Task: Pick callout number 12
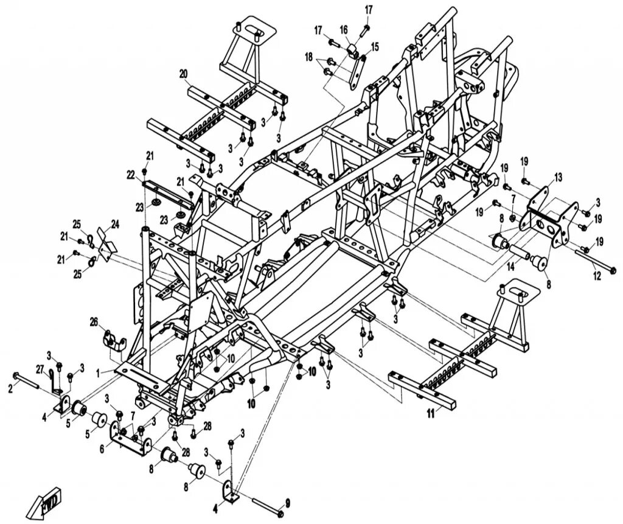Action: (597, 276)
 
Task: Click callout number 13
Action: (559, 177)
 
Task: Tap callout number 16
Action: (344, 29)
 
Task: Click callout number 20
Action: (183, 74)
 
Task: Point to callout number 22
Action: (130, 175)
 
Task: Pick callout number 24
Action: (115, 223)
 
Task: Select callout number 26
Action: (94, 321)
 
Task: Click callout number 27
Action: (39, 369)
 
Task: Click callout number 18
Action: (309, 57)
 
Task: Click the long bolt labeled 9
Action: (262, 504)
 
